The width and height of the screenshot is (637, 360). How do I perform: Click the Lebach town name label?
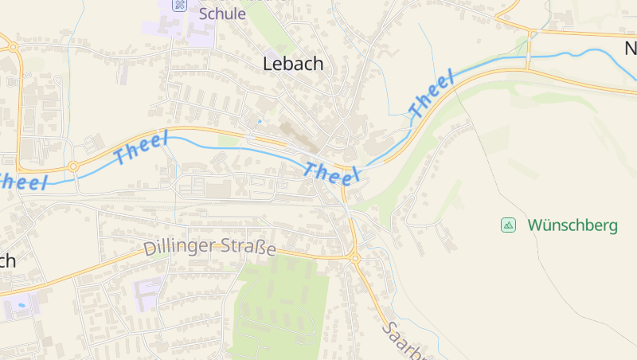tap(293, 65)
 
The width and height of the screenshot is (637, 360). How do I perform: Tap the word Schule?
tap(222, 14)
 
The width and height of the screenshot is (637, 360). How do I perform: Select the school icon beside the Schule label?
tap(181, 4)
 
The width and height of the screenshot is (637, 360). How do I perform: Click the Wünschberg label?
tap(572, 225)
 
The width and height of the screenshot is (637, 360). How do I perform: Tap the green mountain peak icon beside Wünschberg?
tap(508, 225)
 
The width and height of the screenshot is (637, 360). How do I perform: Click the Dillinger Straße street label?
tap(210, 247)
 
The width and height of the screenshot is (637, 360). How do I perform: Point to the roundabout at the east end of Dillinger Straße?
tap(355, 258)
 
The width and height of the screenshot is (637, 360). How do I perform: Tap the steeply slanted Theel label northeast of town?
tap(431, 94)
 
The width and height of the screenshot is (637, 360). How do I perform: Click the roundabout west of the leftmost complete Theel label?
tap(73, 166)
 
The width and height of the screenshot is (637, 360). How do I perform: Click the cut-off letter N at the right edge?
tap(630, 49)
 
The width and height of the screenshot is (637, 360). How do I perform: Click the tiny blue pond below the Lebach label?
tap(260, 121)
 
